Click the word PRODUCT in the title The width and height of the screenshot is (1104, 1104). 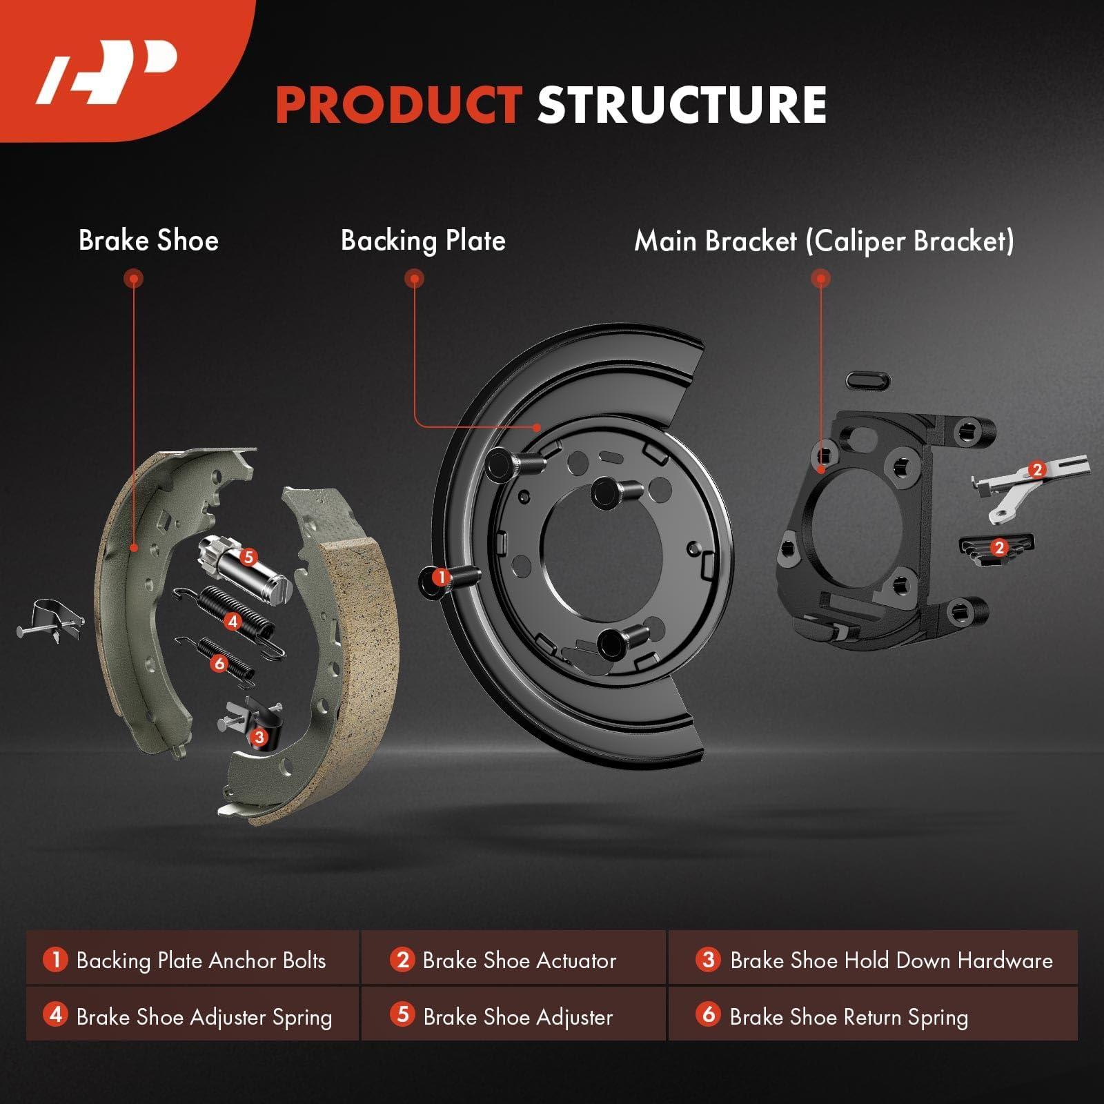[x=398, y=106]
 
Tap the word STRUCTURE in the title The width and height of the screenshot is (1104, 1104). [x=682, y=106]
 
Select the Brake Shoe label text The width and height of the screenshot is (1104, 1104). [x=148, y=241]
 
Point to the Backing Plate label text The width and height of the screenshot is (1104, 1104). [x=423, y=241]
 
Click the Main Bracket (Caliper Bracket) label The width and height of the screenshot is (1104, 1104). [x=824, y=241]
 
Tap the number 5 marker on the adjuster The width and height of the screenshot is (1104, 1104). [x=248, y=557]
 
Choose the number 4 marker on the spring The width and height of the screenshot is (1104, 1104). [x=233, y=622]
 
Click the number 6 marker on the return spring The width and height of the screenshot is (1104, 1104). [x=219, y=664]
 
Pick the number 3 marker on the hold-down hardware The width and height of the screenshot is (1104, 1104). [x=259, y=737]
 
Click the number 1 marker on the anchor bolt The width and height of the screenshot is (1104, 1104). [x=440, y=577]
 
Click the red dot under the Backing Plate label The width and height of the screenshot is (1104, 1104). [x=414, y=279]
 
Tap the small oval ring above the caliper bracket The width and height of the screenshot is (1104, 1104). [x=867, y=380]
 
